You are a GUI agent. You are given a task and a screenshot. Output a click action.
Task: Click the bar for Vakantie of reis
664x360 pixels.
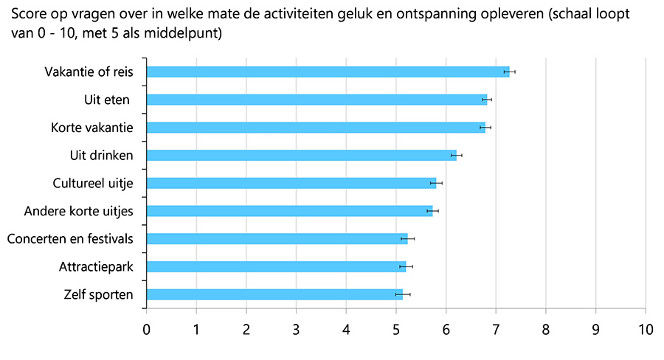point(328,72)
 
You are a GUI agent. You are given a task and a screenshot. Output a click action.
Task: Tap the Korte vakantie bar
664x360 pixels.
point(317,127)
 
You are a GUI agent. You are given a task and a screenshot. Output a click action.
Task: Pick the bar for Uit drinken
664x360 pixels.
point(302,155)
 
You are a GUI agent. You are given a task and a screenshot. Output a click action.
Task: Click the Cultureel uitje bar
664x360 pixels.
point(291,183)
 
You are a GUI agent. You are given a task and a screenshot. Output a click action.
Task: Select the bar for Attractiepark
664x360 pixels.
point(277,266)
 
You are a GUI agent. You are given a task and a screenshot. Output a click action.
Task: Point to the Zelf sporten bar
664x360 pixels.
point(275,294)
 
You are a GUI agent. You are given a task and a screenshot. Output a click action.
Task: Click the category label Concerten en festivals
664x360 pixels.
point(70,239)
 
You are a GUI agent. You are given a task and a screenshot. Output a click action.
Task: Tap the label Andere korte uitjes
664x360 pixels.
point(78,211)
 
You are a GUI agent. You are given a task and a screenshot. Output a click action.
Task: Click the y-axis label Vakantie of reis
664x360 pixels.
point(89,72)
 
